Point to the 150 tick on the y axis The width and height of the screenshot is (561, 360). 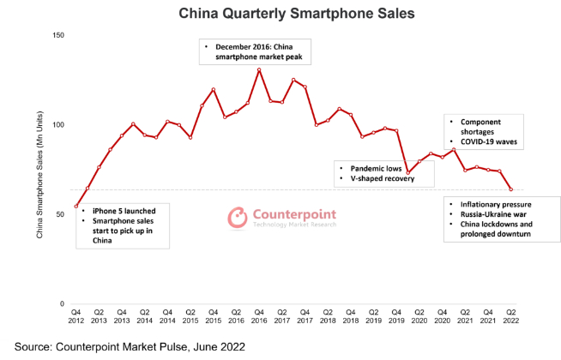[58, 35]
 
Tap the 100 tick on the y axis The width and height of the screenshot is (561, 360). [58, 125]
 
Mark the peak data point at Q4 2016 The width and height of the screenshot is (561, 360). [259, 69]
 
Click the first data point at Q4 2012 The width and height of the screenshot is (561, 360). [76, 207]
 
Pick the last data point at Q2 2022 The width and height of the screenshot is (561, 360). [511, 190]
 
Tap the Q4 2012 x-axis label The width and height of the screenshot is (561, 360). [76, 317]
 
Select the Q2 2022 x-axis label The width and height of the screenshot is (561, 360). [510, 317]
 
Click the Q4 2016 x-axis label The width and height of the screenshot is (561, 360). [258, 317]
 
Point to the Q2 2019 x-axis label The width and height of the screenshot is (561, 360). [373, 317]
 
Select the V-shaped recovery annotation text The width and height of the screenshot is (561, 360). [372, 180]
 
